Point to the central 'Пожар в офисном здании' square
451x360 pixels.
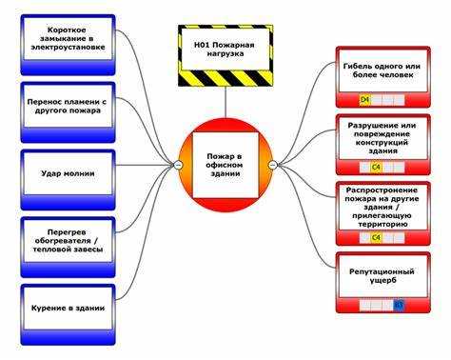tap(225, 164)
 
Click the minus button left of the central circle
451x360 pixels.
tap(178, 165)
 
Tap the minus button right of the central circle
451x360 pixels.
tap(273, 165)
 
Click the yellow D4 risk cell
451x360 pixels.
tap(364, 99)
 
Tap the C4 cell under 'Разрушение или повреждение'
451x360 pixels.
tap(376, 168)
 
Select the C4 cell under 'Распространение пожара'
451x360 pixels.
tap(376, 236)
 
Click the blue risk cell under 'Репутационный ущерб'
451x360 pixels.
tap(399, 306)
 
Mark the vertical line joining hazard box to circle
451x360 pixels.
tap(225, 99)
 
